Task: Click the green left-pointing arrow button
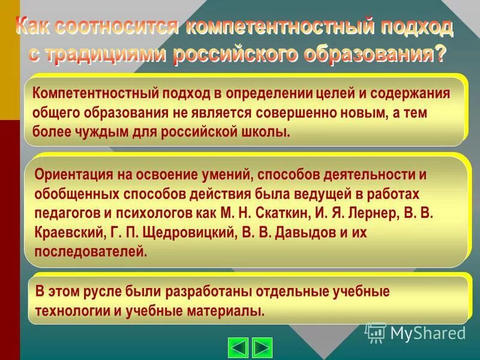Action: point(239,347)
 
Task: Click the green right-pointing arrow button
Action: point(262,347)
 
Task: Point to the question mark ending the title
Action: point(440,53)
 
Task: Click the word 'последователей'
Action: point(90,251)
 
